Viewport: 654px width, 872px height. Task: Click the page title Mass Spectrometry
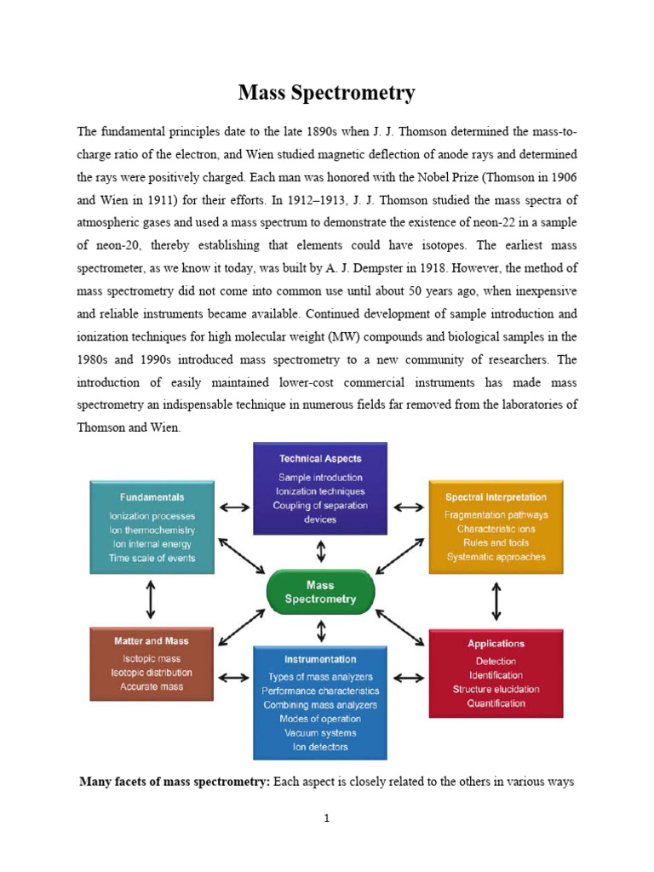point(326,92)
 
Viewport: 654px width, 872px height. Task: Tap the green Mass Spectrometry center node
point(320,592)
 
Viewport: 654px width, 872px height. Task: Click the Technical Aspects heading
point(320,458)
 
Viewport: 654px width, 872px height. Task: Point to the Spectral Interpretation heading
point(496,496)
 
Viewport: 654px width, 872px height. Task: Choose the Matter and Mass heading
point(151,640)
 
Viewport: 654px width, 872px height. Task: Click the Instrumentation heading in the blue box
point(320,659)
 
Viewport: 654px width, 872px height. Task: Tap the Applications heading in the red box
point(496,644)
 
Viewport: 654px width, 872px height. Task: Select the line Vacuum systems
point(320,732)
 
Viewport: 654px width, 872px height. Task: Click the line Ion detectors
point(320,748)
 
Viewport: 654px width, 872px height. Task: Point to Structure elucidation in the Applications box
point(496,689)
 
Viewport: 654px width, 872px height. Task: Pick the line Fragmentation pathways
point(496,514)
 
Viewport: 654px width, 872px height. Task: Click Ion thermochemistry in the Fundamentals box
point(151,530)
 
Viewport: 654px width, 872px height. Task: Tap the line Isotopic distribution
point(151,672)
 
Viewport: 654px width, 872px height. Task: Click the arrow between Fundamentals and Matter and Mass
point(151,599)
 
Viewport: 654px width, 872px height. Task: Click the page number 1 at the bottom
point(326,819)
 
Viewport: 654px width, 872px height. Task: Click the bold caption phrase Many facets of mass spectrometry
point(174,781)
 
